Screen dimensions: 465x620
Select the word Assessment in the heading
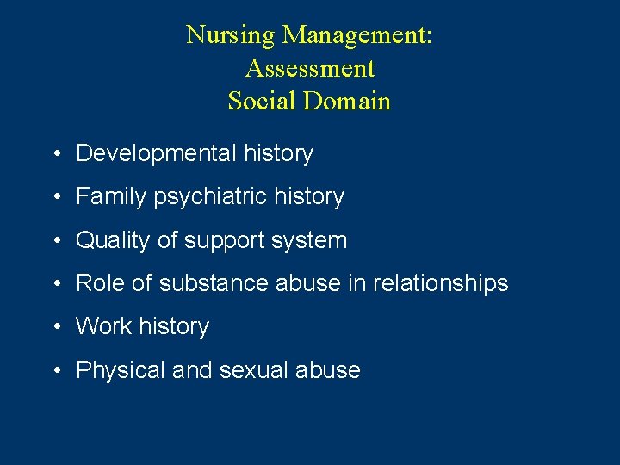[310, 68]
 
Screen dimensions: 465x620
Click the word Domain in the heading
[347, 101]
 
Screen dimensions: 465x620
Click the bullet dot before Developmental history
[54, 154]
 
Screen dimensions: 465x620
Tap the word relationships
[440, 283]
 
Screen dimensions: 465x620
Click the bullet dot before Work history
[54, 327]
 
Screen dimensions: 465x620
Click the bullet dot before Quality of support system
[54, 241]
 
